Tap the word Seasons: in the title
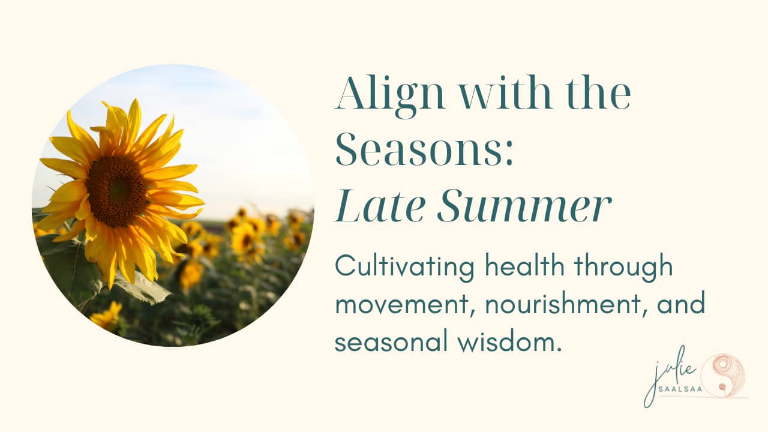click(424, 150)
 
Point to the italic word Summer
click(524, 206)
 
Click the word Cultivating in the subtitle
click(404, 268)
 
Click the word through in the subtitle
click(623, 268)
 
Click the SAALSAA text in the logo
click(680, 389)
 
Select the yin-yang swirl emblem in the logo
click(723, 376)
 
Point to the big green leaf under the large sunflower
click(142, 288)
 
